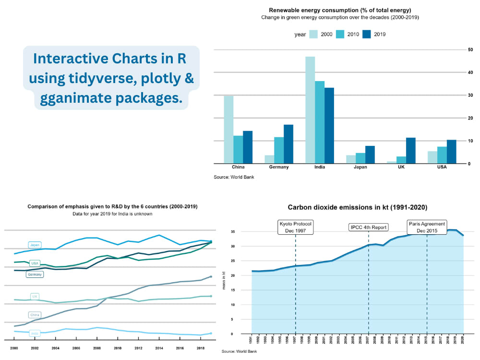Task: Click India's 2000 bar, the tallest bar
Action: [x=310, y=110]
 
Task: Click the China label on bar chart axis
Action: [x=238, y=167]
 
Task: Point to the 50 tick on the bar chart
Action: [x=470, y=49]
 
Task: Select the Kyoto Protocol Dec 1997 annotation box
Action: [x=296, y=227]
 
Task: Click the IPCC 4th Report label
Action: [x=368, y=227]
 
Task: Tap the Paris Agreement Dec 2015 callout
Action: [x=427, y=227]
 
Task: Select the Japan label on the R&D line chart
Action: [x=35, y=245]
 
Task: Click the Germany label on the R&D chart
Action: [x=35, y=275]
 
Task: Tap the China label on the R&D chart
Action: [x=35, y=315]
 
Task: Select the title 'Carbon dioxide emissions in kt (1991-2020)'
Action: [x=357, y=207]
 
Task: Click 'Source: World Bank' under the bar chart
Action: [x=234, y=177]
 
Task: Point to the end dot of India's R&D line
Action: [x=211, y=333]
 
